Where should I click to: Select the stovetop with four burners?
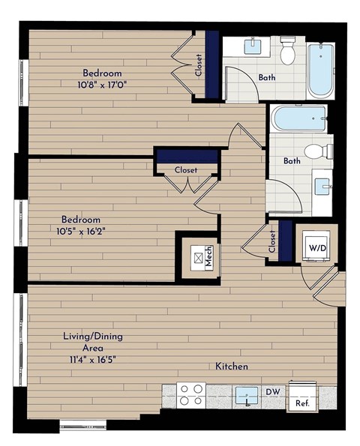click(x=191, y=394)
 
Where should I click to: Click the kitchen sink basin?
click(x=247, y=395)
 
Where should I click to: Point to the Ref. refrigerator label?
click(x=302, y=403)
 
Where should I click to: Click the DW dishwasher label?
click(x=273, y=391)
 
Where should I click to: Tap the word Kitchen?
click(x=232, y=367)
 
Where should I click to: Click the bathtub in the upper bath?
click(x=321, y=70)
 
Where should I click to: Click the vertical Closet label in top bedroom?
click(x=199, y=65)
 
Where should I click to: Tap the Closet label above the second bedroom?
click(x=186, y=170)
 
